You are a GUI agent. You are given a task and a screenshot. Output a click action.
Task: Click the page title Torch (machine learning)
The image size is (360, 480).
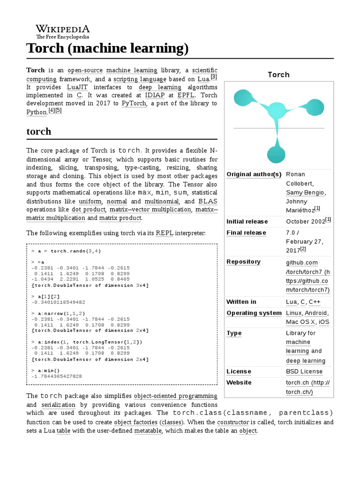pyautogui.click(x=107, y=48)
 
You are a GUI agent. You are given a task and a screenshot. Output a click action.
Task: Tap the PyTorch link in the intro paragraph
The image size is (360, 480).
pyautogui.click(x=134, y=103)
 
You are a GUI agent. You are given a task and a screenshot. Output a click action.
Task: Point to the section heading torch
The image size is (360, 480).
pyautogui.click(x=39, y=131)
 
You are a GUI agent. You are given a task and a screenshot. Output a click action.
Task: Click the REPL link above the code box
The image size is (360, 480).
pyautogui.click(x=165, y=232)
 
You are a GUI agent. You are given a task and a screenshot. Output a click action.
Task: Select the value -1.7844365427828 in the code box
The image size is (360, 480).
pyautogui.click(x=57, y=376)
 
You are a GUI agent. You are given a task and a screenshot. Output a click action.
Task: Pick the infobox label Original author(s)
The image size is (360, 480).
pyautogui.click(x=254, y=174)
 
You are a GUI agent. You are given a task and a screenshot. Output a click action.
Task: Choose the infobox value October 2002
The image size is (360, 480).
pyautogui.click(x=306, y=221)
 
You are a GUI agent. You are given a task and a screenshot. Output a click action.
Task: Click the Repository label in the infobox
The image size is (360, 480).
pyautogui.click(x=243, y=262)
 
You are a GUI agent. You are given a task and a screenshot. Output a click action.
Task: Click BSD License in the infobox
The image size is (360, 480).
pyautogui.click(x=304, y=371)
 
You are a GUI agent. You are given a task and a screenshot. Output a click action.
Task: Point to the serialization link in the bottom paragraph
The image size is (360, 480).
pyautogui.click(x=58, y=405)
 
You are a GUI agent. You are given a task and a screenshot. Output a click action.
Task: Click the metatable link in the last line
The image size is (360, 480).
pyautogui.click(x=148, y=431)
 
